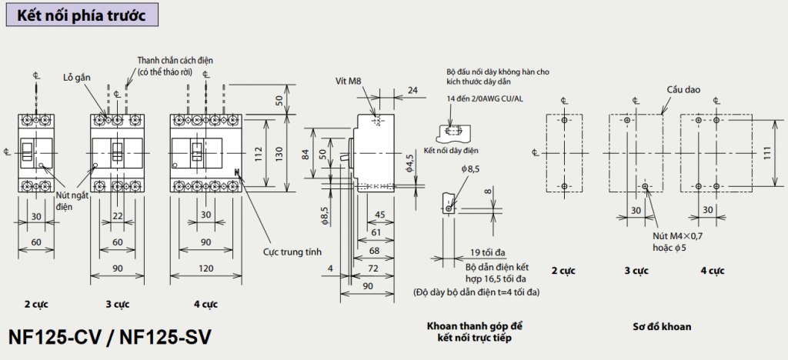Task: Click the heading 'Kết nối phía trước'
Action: tap(86, 15)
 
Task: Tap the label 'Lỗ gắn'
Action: tap(78, 78)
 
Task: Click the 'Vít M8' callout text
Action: tap(348, 81)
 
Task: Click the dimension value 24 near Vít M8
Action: tap(412, 90)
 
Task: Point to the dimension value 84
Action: tap(306, 155)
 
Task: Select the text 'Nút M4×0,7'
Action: tap(678, 235)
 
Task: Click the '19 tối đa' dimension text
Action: tap(487, 252)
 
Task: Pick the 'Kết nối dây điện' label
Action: tap(451, 150)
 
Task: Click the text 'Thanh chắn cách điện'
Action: tap(175, 60)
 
